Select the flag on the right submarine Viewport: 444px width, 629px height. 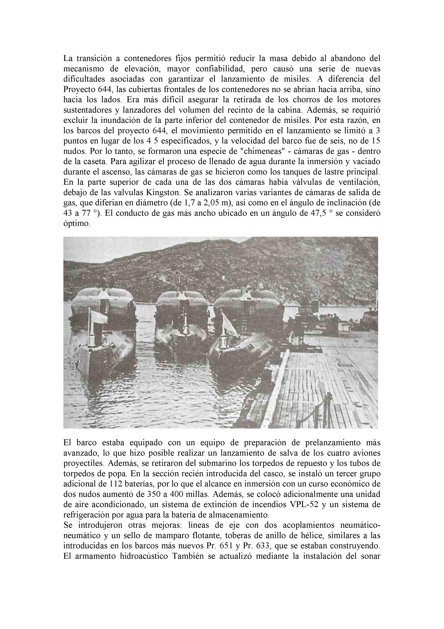pos(229,322)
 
